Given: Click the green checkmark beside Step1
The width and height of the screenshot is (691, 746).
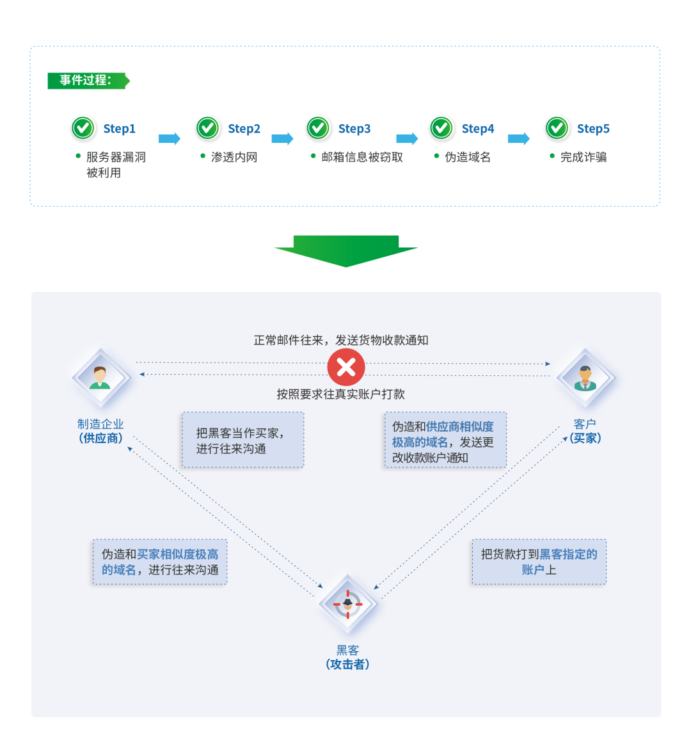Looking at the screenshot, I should tap(83, 128).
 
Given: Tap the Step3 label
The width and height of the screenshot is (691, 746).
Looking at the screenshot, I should tap(354, 129).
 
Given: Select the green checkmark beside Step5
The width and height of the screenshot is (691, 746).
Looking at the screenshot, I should tap(557, 128).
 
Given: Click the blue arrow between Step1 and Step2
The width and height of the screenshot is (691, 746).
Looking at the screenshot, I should tap(170, 138).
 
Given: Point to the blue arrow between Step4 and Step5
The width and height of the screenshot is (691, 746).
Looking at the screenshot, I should tap(519, 138).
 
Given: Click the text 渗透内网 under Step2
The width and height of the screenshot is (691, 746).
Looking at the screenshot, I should tap(234, 157).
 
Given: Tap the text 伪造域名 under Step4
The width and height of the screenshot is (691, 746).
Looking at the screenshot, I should tap(468, 157).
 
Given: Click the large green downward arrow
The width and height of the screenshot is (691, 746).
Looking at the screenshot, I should tap(345, 250).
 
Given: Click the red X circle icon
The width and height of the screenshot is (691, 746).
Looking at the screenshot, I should tap(346, 368).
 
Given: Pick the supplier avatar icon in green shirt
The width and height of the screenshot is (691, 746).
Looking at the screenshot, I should tap(100, 378).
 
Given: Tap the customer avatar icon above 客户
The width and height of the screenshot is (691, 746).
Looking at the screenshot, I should tap(585, 378).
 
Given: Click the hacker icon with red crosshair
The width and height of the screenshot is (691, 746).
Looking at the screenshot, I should tap(348, 604).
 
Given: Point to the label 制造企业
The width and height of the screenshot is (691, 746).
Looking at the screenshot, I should tap(100, 424).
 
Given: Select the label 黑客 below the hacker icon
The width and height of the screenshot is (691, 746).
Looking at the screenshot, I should tap(348, 650).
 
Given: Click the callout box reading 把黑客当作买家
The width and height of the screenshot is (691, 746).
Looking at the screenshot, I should tap(242, 440).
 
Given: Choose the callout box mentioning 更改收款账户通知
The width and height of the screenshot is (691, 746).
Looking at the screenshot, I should tap(445, 441).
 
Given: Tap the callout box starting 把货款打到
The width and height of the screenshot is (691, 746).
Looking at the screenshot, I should tap(539, 562).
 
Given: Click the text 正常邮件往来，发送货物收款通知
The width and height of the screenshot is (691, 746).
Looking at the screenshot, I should tap(341, 340).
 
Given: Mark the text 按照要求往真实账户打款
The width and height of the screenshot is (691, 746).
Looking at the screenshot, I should tap(341, 394).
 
